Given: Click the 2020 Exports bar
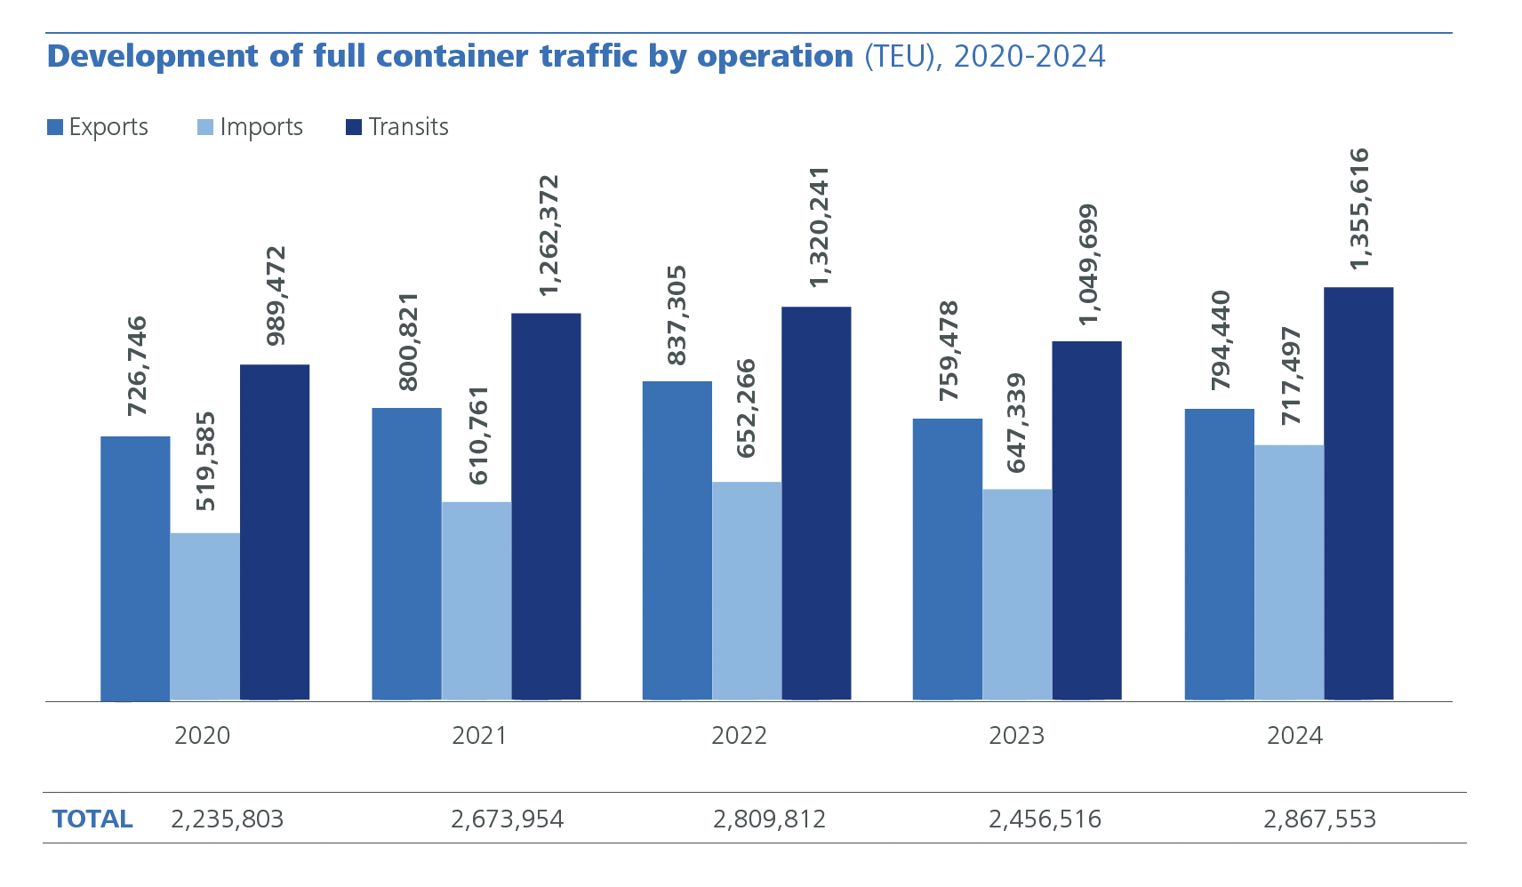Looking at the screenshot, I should (x=135, y=569).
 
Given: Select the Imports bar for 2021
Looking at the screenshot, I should (x=477, y=602).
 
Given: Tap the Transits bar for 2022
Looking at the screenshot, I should (x=816, y=503).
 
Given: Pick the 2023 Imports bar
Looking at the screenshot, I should (x=1017, y=595).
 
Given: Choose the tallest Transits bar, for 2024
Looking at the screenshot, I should (x=1358, y=493).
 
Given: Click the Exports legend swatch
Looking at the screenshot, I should (x=55, y=127).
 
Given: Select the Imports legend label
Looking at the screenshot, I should (x=261, y=127).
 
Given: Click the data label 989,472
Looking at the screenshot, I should (x=276, y=296).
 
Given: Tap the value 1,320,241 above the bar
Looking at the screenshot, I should (x=818, y=227).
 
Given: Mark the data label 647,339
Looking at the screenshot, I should (x=1017, y=423).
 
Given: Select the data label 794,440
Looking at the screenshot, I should (x=1221, y=340).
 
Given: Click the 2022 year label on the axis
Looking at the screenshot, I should (x=739, y=736).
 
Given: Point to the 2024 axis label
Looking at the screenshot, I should (x=1294, y=736).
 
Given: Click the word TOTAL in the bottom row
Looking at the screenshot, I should (x=92, y=819).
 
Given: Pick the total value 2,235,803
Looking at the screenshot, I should (x=227, y=819).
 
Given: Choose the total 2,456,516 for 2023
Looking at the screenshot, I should (x=1045, y=819).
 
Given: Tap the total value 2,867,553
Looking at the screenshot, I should (x=1319, y=819).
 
